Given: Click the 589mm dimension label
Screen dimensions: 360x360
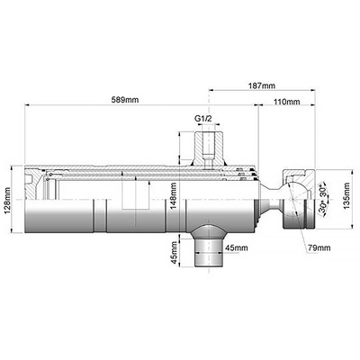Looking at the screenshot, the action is point(125,100).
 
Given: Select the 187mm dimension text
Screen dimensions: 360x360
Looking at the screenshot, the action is point(262,85).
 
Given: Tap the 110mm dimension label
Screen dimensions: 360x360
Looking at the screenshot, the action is point(286,102).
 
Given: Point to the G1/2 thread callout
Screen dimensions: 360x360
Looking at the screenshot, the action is point(203,119).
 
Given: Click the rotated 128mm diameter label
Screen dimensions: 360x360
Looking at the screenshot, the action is point(7,201).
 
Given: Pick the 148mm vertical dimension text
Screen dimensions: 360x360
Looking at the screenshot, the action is point(173,196).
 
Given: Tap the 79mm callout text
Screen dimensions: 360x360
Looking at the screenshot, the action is point(319,247).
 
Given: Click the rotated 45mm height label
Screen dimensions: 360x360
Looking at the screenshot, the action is point(174,253).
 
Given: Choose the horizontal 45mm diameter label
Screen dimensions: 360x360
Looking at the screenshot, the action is point(237,247).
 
